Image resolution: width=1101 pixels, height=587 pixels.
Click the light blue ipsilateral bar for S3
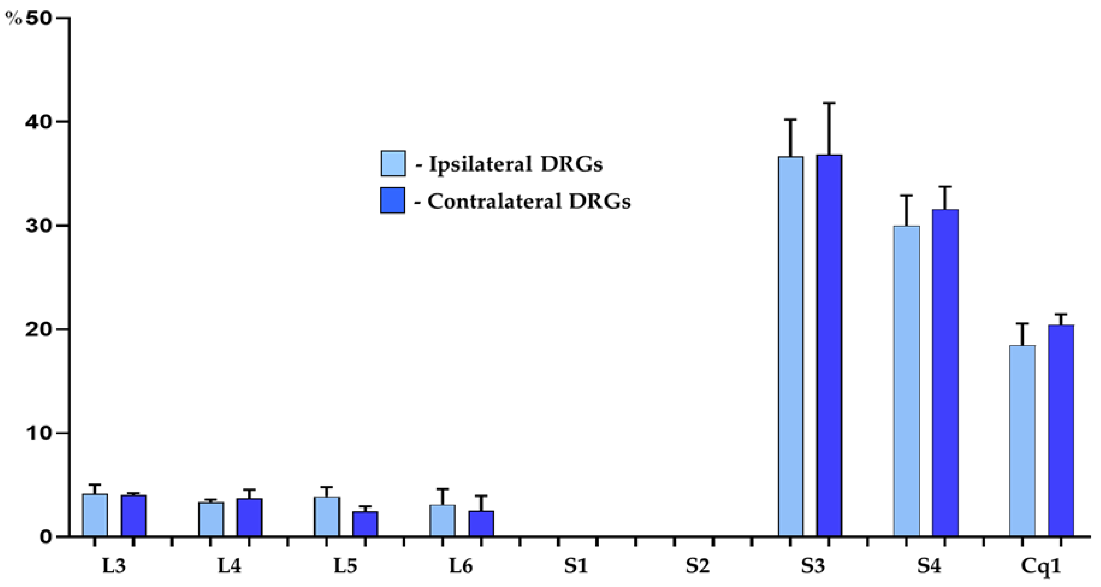click(x=790, y=346)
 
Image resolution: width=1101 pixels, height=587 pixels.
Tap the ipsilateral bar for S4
click(x=906, y=381)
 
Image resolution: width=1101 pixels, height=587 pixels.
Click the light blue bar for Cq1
click(x=1022, y=441)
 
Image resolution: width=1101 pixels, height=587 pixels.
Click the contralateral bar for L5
click(x=365, y=524)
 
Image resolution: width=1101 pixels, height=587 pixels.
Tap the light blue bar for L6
click(x=442, y=520)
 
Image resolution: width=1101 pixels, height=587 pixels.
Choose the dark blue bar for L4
click(x=250, y=517)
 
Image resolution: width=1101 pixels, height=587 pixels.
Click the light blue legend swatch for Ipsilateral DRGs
click(x=393, y=163)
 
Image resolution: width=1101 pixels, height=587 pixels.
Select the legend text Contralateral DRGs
click(x=529, y=201)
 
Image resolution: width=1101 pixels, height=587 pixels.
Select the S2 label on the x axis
click(x=698, y=566)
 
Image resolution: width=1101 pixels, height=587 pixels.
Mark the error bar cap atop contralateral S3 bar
click(x=829, y=103)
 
